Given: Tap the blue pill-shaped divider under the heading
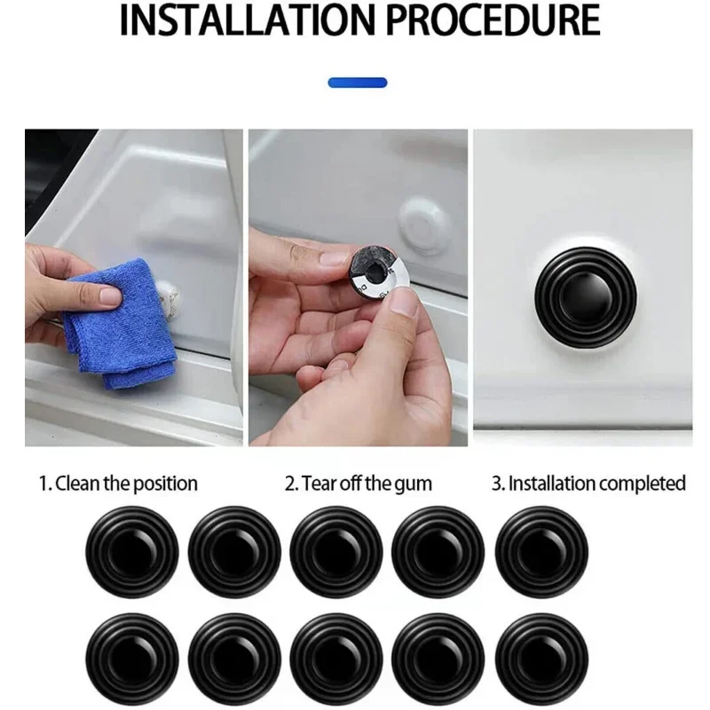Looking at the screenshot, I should click(x=358, y=83).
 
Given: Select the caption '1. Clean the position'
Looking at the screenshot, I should click(x=117, y=484).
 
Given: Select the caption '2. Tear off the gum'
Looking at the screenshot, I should click(x=358, y=484).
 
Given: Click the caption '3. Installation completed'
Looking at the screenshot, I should click(x=588, y=484).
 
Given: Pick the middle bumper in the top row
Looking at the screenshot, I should click(x=336, y=551).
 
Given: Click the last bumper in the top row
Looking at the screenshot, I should click(x=540, y=551).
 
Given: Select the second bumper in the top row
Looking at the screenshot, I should click(x=234, y=551).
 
